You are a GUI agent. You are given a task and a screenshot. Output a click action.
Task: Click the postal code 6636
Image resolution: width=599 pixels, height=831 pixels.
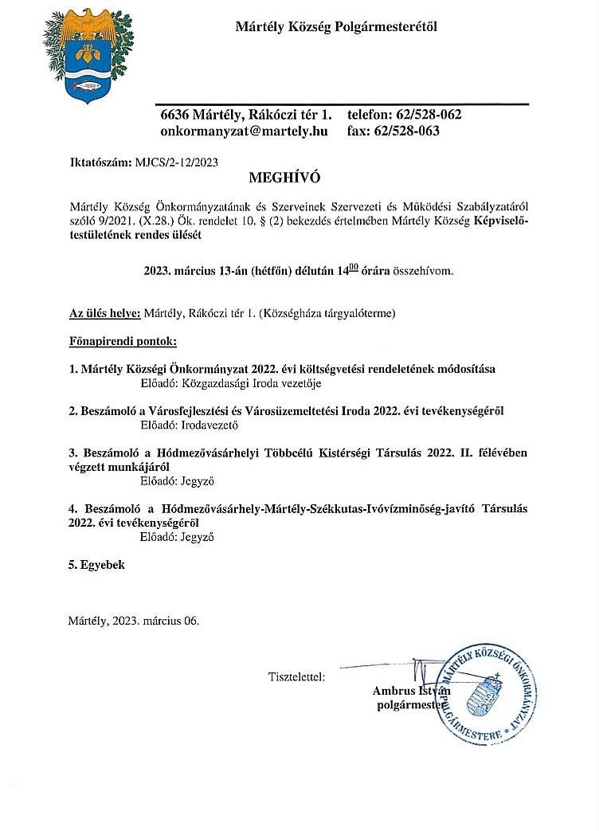tap(174, 114)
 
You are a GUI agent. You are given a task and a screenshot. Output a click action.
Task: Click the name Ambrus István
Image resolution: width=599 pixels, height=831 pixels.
tap(411, 691)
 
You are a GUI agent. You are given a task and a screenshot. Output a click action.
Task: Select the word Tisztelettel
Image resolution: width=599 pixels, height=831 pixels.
tap(296, 677)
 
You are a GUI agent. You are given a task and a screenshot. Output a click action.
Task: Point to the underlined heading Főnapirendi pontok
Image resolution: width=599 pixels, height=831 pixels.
tap(123, 342)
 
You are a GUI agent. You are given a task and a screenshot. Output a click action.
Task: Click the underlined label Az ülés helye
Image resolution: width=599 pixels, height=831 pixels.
tap(104, 313)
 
